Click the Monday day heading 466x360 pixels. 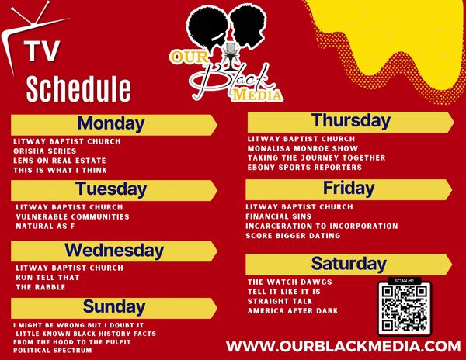111,123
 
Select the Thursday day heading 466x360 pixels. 351,121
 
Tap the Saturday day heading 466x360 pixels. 349,264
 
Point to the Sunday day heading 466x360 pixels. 114,306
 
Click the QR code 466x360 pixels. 405,309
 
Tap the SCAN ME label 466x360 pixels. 404,280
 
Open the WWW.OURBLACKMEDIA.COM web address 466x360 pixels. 343,346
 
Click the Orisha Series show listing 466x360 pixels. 45,151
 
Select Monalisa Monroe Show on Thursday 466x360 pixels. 303,148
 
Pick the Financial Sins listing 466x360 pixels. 279,216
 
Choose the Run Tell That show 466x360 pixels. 48,278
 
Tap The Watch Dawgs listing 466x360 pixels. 290,282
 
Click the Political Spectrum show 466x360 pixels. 53,350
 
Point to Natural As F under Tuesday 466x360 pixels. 45,226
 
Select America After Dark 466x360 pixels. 293,311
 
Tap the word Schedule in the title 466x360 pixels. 78,88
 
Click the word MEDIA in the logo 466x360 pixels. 257,95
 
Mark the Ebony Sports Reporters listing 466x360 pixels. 304,167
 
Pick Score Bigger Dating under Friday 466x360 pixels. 293,236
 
